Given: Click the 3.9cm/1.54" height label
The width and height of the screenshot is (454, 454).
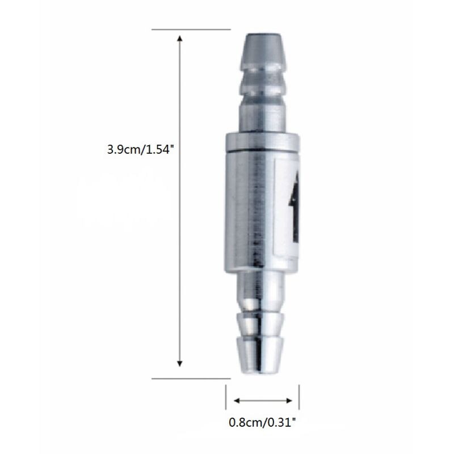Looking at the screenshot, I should [138, 150].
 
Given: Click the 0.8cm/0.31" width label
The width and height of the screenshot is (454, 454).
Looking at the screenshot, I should [262, 422].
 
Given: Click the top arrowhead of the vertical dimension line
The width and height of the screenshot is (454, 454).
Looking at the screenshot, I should [180, 39].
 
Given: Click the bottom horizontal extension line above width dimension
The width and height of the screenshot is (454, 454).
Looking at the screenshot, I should [191, 377].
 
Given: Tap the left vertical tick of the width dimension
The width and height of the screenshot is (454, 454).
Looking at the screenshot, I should [226, 397].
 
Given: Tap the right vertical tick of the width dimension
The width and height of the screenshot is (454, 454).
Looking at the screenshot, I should [299, 397].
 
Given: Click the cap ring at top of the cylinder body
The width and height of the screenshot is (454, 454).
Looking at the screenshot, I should [263, 142].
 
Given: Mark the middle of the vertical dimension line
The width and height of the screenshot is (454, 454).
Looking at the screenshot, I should [180, 201].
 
